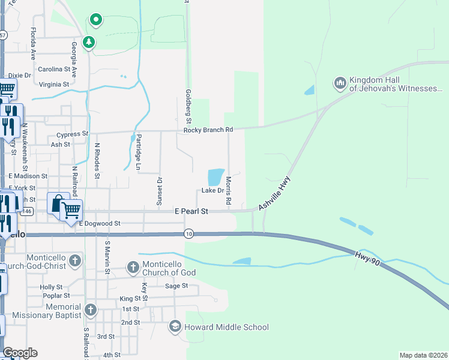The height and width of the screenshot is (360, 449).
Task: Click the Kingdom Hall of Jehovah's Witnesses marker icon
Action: click(x=340, y=82)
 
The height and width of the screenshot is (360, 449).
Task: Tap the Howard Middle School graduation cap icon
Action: click(x=175, y=327)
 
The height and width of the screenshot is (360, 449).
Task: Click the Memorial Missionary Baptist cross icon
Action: click(x=90, y=310)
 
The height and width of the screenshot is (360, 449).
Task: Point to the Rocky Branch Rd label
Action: click(x=208, y=130)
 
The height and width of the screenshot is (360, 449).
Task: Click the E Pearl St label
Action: click(x=191, y=212)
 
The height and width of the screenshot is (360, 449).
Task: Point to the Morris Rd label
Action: click(x=229, y=191)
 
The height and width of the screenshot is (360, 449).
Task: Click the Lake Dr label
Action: click(x=212, y=190)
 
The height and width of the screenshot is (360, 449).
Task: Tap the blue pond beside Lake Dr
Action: click(x=215, y=177)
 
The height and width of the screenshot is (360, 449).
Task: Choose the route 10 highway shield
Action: click(x=189, y=233)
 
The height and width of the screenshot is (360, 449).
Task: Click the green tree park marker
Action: click(x=89, y=42)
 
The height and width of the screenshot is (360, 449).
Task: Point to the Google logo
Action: click(x=20, y=353)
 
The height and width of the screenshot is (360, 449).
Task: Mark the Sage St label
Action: click(x=176, y=286)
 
